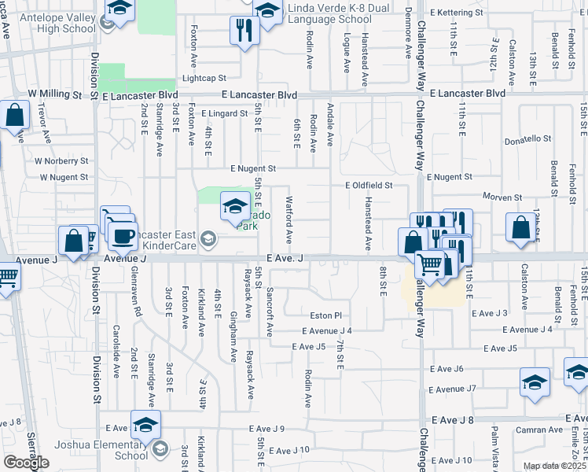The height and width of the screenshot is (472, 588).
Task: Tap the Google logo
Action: click(26, 463)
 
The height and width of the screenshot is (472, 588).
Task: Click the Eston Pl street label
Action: click(327, 315)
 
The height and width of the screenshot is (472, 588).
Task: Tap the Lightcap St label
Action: click(204, 79)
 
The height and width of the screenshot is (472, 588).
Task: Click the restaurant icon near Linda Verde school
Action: click(244, 31)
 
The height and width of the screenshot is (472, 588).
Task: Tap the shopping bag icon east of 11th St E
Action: click(521, 228)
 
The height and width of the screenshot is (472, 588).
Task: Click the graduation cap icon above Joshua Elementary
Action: click(145, 426)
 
